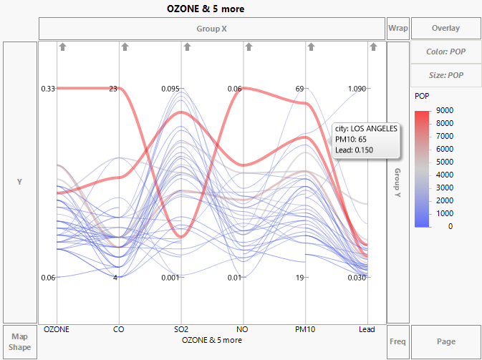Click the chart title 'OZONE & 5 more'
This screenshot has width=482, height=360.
tap(206, 9)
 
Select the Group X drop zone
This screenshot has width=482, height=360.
tap(211, 29)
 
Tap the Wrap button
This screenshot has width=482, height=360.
tap(397, 29)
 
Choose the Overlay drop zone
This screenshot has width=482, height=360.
tap(445, 29)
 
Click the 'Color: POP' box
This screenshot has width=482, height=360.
tap(445, 52)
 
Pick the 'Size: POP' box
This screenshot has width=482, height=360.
tap(445, 74)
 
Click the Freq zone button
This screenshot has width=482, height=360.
tap(397, 341)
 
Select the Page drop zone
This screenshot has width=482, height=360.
tap(445, 341)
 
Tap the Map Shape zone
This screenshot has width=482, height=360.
tap(19, 342)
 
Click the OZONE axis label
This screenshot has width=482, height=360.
tap(57, 330)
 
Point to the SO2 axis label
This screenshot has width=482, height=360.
tap(182, 330)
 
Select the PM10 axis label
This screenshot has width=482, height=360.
tap(307, 330)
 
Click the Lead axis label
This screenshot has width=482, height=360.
tap(367, 330)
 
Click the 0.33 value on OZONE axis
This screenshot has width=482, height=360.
tap(48, 89)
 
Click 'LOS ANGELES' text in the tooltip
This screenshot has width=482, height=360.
tap(373, 128)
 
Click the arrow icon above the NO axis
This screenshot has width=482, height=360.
tap(249, 47)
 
